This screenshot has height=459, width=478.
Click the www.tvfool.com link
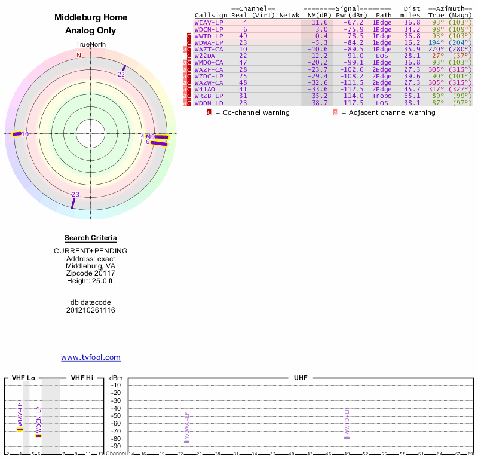click(x=91, y=357)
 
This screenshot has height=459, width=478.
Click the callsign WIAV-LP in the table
click(x=209, y=22)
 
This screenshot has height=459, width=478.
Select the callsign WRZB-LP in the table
click(x=209, y=96)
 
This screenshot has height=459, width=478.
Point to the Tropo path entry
click(x=382, y=96)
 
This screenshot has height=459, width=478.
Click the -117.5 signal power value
click(x=352, y=103)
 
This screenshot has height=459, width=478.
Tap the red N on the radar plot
click(x=78, y=56)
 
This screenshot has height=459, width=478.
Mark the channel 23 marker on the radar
click(x=73, y=203)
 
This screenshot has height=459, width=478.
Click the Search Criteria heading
click(x=90, y=238)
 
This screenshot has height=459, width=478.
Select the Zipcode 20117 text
click(x=90, y=273)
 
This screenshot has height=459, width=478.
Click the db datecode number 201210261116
click(x=90, y=310)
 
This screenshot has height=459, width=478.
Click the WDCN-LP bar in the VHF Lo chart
click(x=38, y=436)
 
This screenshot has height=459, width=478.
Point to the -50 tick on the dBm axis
click(x=116, y=416)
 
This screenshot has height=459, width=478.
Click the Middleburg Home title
click(x=90, y=18)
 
